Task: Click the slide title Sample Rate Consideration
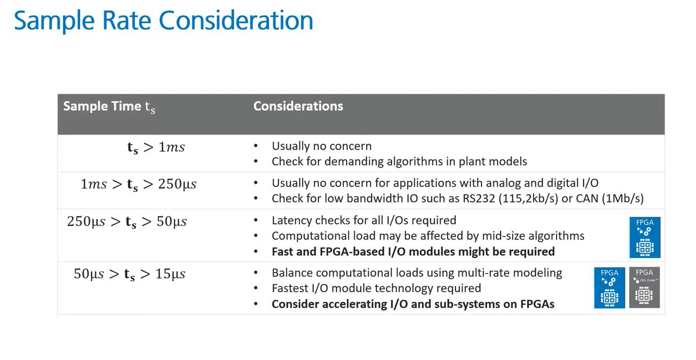[x=163, y=20]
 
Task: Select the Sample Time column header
[x=109, y=107]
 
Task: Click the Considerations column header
[x=298, y=106]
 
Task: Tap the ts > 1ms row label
[x=155, y=147]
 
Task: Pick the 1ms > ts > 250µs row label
[x=139, y=184]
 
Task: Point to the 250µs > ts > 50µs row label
[x=126, y=221]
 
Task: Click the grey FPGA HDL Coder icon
[x=644, y=287]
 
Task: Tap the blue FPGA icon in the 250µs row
[x=644, y=237]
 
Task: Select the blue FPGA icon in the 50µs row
[x=609, y=287]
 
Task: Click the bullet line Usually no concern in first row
[x=321, y=146]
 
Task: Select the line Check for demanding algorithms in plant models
[x=399, y=162]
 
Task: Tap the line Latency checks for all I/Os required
[x=364, y=220]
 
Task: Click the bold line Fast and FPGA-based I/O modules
[x=413, y=252]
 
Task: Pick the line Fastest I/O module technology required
[x=376, y=288]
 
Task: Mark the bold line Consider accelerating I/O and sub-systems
[x=413, y=304]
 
